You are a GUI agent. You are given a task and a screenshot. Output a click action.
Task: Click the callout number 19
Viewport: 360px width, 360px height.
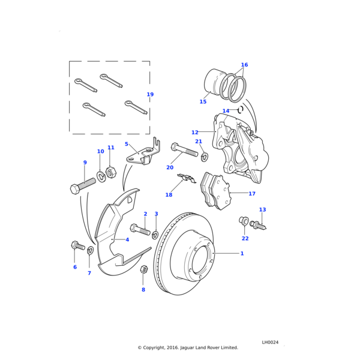tap(150, 95)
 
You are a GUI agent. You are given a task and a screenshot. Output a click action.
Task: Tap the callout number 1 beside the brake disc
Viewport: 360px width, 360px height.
tap(242, 254)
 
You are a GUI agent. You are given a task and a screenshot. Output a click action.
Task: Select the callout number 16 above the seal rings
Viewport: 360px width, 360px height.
tap(244, 65)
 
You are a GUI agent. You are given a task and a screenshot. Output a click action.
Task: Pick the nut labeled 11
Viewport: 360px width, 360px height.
tap(110, 172)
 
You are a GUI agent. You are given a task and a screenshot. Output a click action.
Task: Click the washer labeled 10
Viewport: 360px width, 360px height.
tap(101, 176)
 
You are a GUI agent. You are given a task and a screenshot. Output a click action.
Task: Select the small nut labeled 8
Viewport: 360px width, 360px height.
tap(143, 269)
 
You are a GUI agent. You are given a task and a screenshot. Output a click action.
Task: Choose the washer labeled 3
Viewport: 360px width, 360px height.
tap(155, 233)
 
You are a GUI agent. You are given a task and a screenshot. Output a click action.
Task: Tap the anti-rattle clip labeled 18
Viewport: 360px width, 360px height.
tap(188, 178)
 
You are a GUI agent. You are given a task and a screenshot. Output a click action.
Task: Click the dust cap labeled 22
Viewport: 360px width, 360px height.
tap(244, 220)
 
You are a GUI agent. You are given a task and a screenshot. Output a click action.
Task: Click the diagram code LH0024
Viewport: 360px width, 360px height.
tap(270, 342)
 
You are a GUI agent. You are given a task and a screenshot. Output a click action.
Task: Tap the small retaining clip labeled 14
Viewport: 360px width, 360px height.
tap(240, 110)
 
